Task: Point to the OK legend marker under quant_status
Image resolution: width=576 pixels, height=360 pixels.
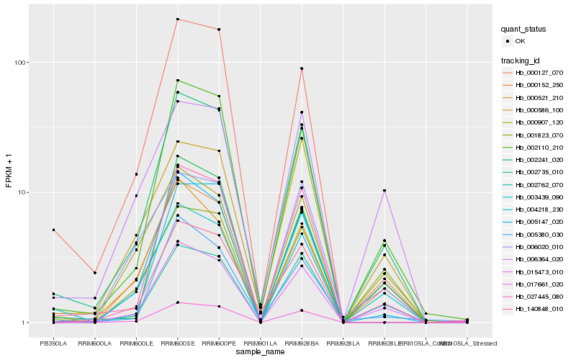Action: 508,41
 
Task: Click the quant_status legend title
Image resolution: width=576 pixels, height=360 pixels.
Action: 523,29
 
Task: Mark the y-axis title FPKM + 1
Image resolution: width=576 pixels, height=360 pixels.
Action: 9,171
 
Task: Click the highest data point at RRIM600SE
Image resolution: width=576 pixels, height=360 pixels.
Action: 177,19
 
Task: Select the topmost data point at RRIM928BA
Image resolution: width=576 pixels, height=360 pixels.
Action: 302,68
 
